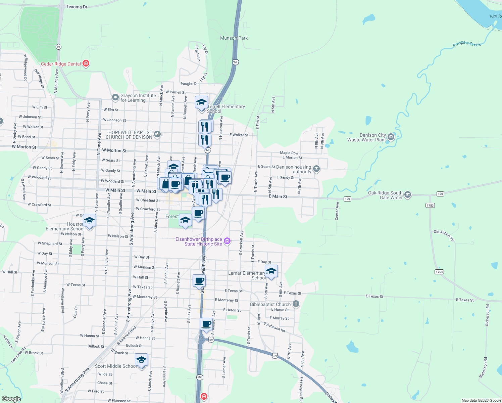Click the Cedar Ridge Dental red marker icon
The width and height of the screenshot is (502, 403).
(86, 63)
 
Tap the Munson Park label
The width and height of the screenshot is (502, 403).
(234, 38)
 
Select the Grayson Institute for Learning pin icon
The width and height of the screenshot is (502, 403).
(115, 97)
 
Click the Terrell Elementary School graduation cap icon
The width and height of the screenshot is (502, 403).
(202, 102)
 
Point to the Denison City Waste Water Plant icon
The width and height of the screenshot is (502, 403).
(391, 137)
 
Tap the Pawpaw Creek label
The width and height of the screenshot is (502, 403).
(466, 44)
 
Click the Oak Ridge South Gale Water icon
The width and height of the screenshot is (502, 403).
(408, 194)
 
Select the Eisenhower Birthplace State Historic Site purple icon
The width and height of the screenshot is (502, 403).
(227, 241)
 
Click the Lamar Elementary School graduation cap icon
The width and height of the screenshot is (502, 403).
(271, 271)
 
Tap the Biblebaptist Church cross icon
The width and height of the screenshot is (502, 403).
(296, 304)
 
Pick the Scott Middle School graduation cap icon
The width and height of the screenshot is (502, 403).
(142, 360)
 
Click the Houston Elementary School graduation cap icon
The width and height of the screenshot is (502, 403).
(89, 220)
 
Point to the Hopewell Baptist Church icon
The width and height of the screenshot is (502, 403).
(157, 135)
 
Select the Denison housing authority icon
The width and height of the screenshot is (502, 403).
(316, 169)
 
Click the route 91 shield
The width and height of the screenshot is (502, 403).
(59, 47)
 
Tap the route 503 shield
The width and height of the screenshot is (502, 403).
(200, 377)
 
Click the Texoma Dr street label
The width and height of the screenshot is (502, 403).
(77, 7)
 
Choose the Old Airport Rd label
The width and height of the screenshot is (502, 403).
(444, 236)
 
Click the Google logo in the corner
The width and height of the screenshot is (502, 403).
(11, 399)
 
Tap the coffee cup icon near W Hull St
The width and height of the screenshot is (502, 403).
(199, 280)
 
